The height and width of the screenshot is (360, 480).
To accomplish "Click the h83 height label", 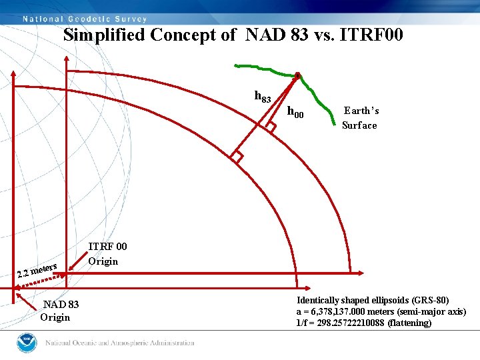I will [263, 97].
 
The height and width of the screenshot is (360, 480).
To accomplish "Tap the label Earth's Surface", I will [360, 118].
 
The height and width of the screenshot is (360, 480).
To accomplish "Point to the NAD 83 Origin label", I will [60, 311].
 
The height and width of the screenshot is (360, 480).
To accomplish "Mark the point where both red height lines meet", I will [298, 73].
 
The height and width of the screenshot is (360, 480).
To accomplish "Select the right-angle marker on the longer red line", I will [235, 157].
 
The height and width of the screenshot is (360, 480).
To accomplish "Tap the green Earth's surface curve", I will [267, 69].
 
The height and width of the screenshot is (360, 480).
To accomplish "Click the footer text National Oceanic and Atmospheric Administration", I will [120, 343].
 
